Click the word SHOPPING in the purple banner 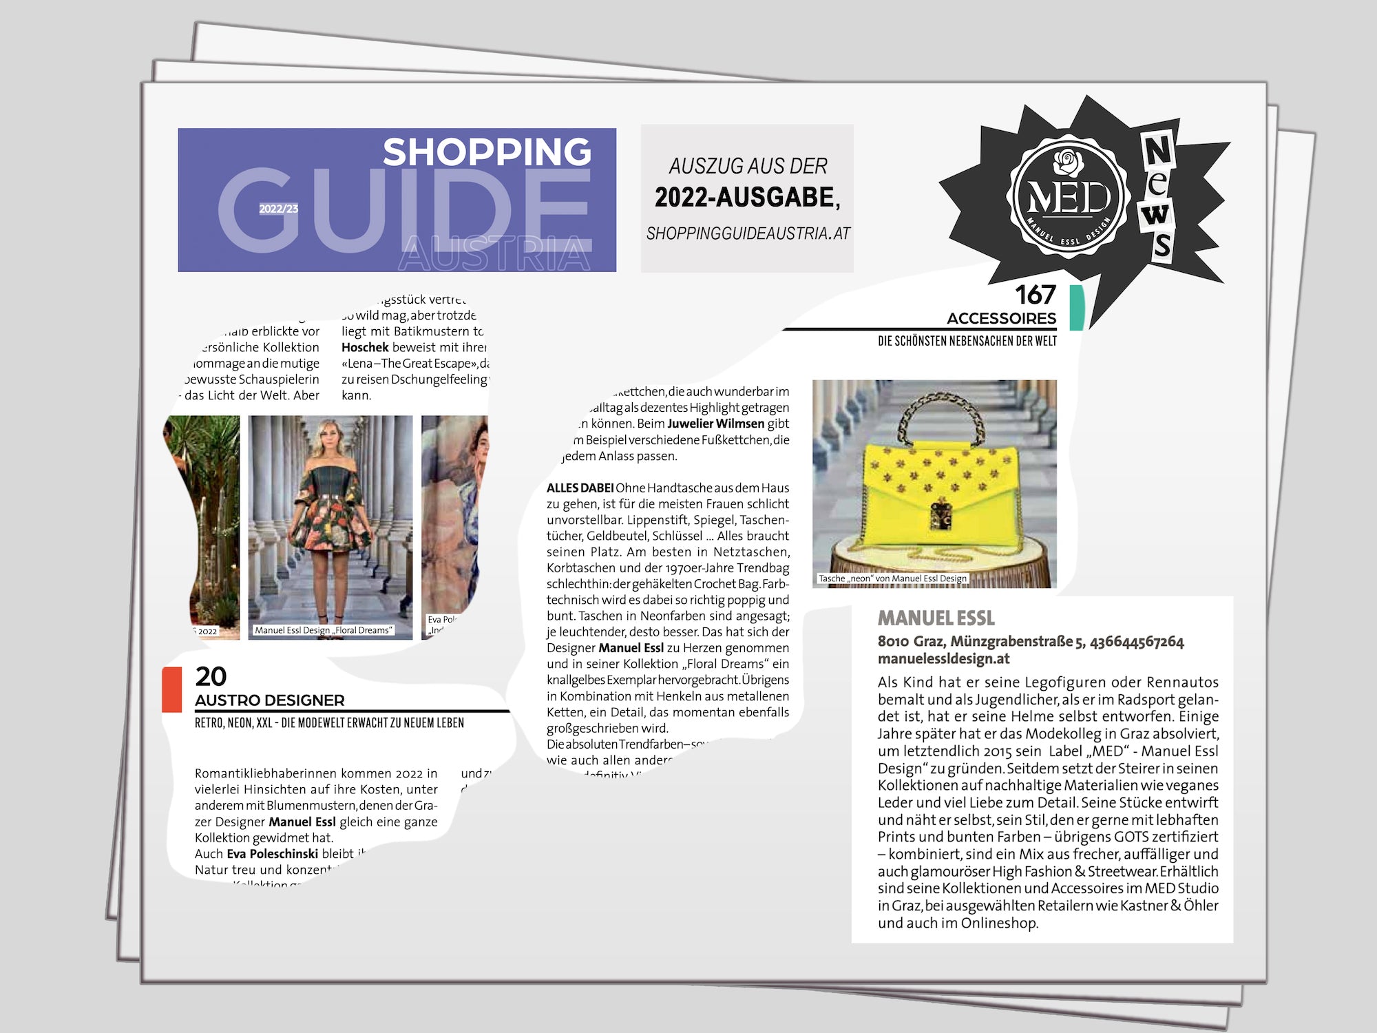[487, 152]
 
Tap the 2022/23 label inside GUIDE [278, 209]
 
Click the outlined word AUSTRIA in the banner [494, 253]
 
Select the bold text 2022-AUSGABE [747, 198]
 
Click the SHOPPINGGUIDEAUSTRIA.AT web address [748, 234]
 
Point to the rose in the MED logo [1068, 163]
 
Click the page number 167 [1035, 295]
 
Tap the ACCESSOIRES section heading [1001, 318]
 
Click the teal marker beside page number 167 [1077, 308]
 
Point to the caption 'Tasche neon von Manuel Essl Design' [892, 578]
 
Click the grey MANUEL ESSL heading [936, 618]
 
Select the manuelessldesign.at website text [943, 658]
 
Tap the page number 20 [211, 676]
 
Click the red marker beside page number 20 [171, 689]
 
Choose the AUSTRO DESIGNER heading [269, 700]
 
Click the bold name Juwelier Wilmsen [716, 424]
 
